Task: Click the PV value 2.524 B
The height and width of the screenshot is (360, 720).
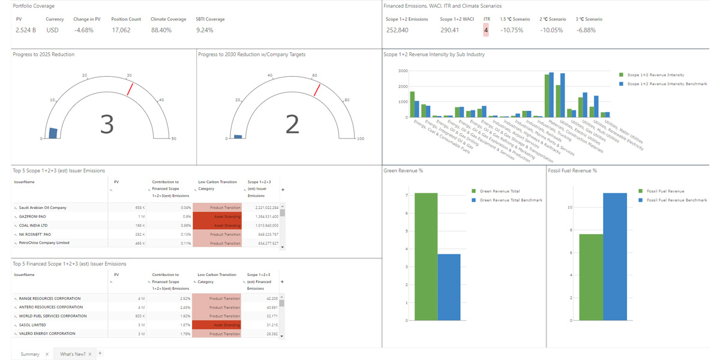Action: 25,30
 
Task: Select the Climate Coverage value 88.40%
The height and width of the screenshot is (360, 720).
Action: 161,30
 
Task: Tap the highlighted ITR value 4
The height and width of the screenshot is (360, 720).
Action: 486,30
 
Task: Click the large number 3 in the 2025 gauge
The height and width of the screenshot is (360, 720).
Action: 106,124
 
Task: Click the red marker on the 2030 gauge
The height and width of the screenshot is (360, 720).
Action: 316,90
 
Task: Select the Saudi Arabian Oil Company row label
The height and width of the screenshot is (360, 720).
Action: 43,208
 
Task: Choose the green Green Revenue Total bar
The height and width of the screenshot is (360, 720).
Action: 425,256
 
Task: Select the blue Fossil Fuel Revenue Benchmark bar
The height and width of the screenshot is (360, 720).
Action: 614,256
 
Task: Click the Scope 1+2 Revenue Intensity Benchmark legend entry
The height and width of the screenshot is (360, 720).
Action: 666,84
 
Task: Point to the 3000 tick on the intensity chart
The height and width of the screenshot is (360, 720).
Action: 403,71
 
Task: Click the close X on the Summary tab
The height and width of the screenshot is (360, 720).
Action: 47,354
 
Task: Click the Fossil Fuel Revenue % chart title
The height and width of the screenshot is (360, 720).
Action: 572,170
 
